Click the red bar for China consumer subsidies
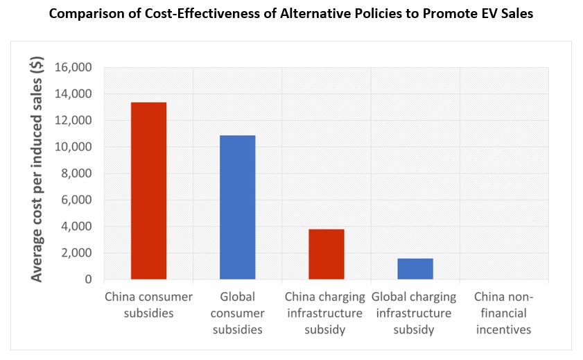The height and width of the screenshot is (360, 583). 148,191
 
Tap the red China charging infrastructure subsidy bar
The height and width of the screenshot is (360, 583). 326,254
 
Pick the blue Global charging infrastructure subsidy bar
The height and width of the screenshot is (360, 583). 415,268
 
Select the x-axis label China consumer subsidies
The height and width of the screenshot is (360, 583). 148,305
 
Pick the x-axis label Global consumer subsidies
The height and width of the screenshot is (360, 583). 237,313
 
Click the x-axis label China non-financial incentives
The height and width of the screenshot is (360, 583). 503,313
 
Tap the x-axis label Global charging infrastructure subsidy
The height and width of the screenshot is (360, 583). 414,313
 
